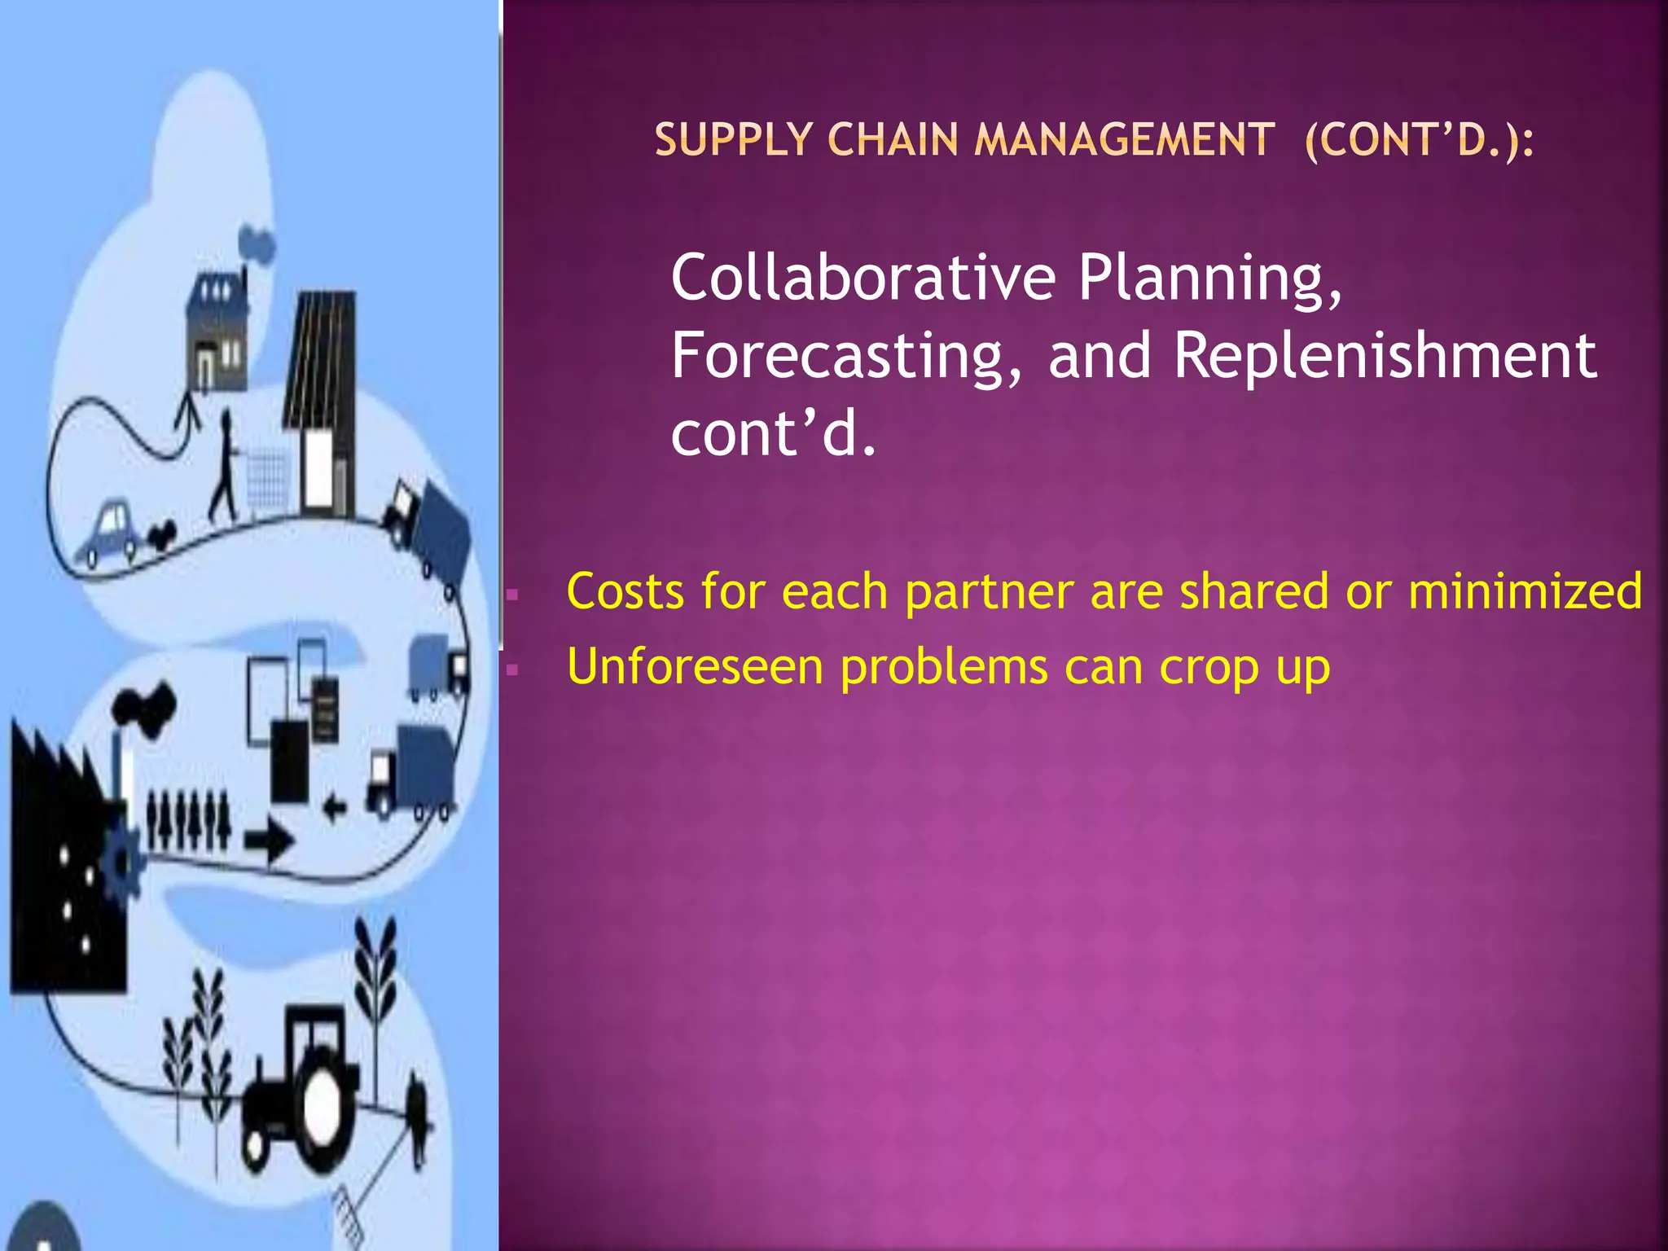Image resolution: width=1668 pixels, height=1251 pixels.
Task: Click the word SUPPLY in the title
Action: tap(734, 140)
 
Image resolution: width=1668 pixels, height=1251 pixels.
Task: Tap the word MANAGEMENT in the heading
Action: tap(1125, 140)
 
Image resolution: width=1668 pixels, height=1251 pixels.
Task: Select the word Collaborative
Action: tap(863, 278)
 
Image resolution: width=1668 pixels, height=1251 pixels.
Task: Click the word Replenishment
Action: tap(1385, 356)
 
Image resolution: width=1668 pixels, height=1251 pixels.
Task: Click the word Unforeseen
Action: tap(695, 667)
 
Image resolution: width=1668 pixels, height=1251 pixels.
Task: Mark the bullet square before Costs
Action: tap(512, 595)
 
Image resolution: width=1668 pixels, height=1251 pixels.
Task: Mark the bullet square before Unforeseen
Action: tap(512, 670)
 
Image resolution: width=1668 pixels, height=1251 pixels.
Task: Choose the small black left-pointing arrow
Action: tap(334, 809)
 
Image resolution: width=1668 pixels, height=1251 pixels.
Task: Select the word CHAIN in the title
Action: tap(893, 140)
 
